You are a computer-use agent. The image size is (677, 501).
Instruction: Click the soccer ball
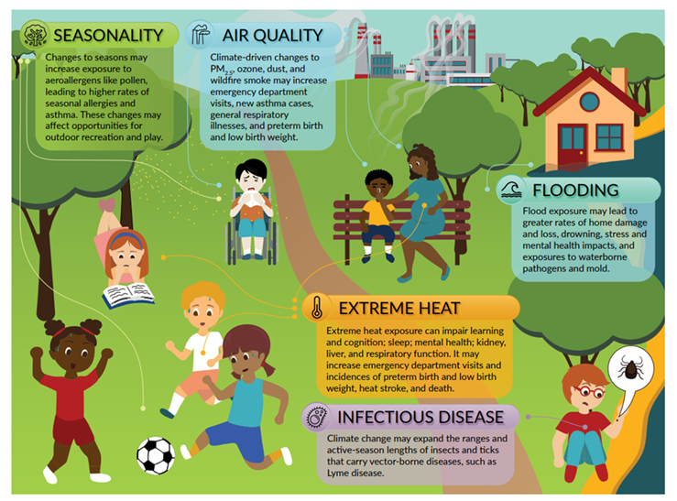point(156,456)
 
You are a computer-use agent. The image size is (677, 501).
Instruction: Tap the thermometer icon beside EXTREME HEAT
point(316,307)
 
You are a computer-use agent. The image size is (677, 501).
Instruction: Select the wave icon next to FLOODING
point(511,191)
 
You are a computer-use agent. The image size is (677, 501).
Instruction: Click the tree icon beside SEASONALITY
point(36,35)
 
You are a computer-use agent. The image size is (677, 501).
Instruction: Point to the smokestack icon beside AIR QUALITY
point(201,35)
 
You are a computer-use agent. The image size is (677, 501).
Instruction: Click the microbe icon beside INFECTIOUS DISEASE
point(317,418)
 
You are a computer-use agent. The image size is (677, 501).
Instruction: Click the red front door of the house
point(573,147)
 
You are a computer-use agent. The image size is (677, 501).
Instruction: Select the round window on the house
point(589,103)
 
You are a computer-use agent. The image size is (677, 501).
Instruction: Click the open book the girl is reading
point(128,296)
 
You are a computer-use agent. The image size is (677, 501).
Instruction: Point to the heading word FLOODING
point(575,191)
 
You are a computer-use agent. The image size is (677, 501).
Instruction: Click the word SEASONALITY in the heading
point(108,35)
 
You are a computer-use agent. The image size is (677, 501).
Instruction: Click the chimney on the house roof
point(619,79)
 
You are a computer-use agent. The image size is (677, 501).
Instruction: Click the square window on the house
point(609,137)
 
